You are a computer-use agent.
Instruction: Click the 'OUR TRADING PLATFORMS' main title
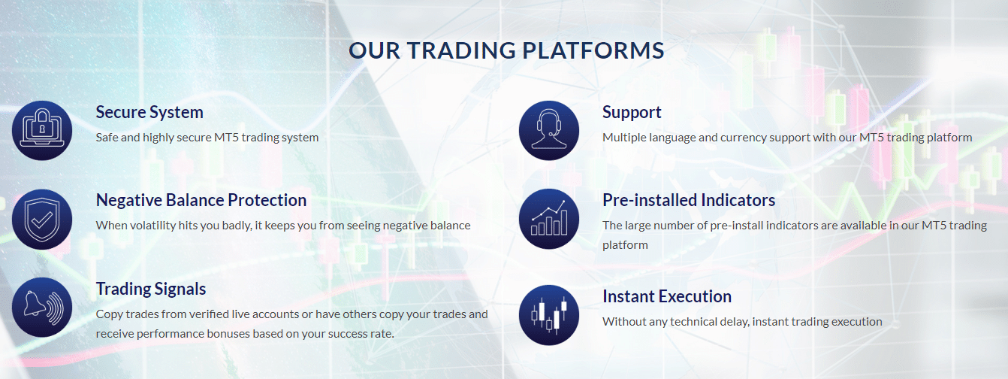pyautogui.click(x=506, y=50)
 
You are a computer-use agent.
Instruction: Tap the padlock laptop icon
pyautogui.click(x=42, y=130)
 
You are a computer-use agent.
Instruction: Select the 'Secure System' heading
pyautogui.click(x=149, y=112)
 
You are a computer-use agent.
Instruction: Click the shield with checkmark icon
pyautogui.click(x=42, y=219)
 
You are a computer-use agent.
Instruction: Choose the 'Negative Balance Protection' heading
pyautogui.click(x=201, y=200)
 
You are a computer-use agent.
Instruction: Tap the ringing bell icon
pyautogui.click(x=42, y=308)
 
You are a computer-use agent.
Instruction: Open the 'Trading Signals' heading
pyautogui.click(x=151, y=290)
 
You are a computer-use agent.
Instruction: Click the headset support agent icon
pyautogui.click(x=549, y=130)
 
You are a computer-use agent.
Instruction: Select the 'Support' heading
pyautogui.click(x=632, y=113)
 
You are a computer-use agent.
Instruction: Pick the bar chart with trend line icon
pyautogui.click(x=549, y=219)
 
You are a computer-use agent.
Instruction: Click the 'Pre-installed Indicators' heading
pyautogui.click(x=689, y=200)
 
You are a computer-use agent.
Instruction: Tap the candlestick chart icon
pyautogui.click(x=549, y=315)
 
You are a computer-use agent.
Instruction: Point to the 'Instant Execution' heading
pyautogui.click(x=667, y=296)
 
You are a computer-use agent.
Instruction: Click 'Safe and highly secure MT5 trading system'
pyautogui.click(x=207, y=138)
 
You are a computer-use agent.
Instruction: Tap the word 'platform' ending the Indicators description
pyautogui.click(x=625, y=245)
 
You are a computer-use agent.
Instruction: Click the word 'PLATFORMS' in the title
pyautogui.click(x=593, y=50)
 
